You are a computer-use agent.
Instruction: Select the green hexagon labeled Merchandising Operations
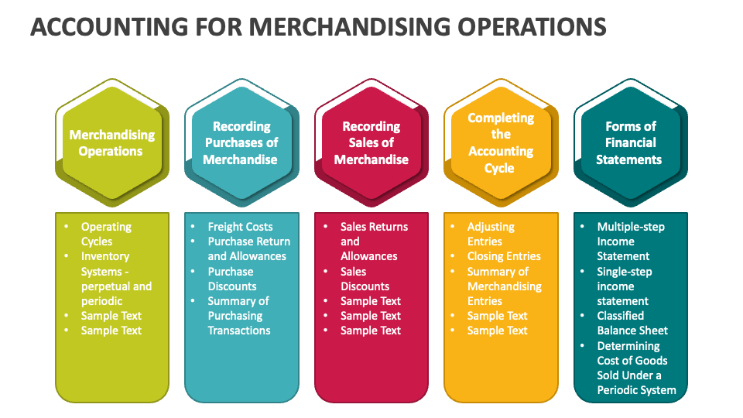pos(111,143)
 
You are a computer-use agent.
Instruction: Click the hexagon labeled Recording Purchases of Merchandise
pos(241,143)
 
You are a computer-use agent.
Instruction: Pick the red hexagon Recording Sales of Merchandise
pos(371,143)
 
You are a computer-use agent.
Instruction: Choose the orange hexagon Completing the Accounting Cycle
pos(501,143)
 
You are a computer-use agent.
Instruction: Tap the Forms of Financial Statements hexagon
pos(630,143)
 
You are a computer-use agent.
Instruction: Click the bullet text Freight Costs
pos(240,227)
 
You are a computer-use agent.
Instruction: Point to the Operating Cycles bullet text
pos(107,234)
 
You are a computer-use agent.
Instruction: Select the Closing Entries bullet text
pos(504,256)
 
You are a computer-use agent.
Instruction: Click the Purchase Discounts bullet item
pos(231,279)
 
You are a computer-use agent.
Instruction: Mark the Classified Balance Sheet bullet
pos(632,323)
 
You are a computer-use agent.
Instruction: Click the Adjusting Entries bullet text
pos(491,234)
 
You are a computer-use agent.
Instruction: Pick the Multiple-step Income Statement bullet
pos(630,241)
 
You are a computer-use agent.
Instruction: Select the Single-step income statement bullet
pos(624,286)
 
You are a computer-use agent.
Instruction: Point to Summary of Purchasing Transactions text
pos(238,315)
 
